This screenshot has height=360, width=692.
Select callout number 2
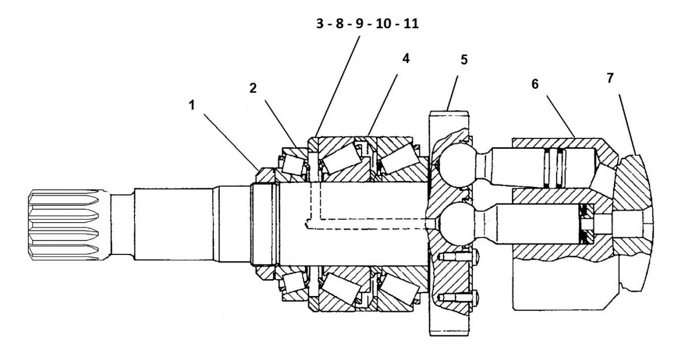pyautogui.click(x=252, y=88)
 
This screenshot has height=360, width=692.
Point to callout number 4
pyautogui.click(x=406, y=59)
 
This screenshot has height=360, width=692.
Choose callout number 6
pyautogui.click(x=535, y=83)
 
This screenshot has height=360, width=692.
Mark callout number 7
pyautogui.click(x=611, y=77)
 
